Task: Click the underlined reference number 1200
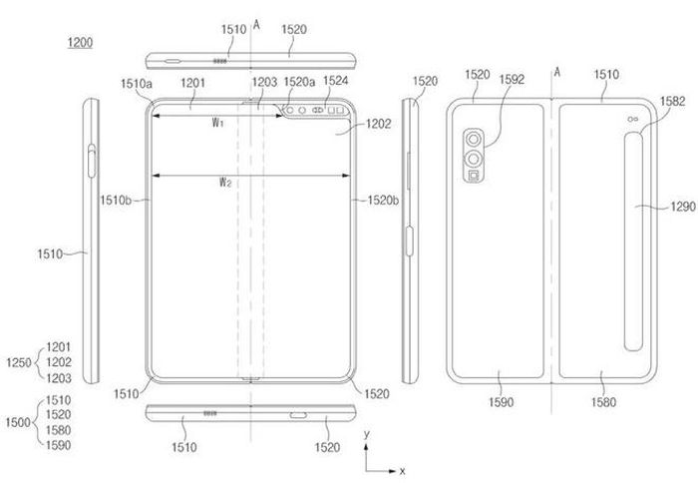[80, 43]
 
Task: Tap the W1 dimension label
[217, 122]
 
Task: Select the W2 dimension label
[225, 182]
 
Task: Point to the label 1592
[512, 79]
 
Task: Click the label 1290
[683, 207]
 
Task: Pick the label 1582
[672, 101]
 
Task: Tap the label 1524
[336, 81]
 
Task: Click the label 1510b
[116, 200]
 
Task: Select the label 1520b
[383, 201]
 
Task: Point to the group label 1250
[19, 362]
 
